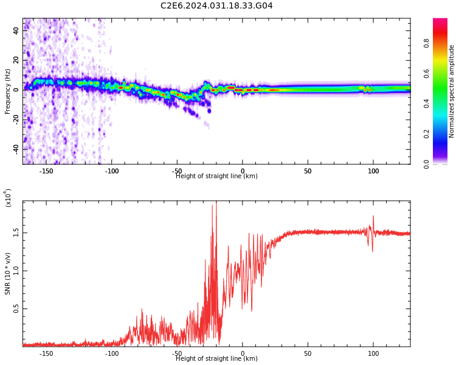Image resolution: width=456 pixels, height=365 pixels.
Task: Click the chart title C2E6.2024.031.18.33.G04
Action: [x=216, y=6]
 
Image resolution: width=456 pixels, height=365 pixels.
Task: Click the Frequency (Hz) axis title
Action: [x=8, y=91]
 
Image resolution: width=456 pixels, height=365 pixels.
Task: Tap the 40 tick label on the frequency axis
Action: [x=16, y=30]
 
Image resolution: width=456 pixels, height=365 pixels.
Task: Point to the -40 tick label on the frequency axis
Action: [x=16, y=148]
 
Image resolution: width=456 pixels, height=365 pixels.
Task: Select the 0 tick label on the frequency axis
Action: [x=16, y=89]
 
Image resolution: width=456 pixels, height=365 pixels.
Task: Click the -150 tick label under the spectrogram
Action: [x=46, y=171]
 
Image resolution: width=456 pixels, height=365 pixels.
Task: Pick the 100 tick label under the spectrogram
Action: [x=373, y=171]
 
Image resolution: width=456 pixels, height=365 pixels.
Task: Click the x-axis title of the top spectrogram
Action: [x=216, y=176]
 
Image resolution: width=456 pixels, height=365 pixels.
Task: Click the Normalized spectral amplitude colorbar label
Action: [x=452, y=91]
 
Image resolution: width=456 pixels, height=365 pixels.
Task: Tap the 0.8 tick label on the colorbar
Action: [x=444, y=43]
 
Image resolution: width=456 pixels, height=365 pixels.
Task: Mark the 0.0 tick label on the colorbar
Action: [x=444, y=163]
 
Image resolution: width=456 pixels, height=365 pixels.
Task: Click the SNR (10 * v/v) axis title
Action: [x=8, y=273]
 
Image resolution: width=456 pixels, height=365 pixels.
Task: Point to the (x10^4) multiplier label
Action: [x=8, y=198]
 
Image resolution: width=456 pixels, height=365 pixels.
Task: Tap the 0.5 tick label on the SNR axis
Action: [x=16, y=308]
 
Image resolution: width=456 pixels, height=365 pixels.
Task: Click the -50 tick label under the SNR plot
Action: [x=177, y=353]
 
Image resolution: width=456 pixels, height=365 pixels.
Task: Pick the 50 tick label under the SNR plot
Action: [x=308, y=353]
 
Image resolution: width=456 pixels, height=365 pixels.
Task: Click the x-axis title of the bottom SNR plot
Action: [x=216, y=359]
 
